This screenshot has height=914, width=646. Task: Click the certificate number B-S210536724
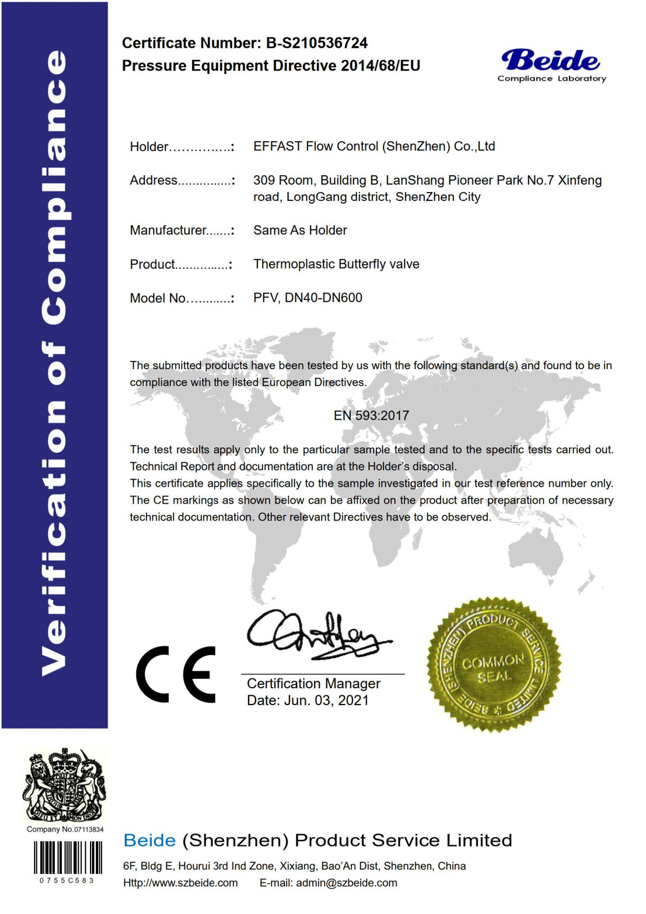click(x=317, y=43)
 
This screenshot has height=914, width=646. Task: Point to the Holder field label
click(x=149, y=147)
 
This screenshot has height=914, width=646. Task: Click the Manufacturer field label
click(x=168, y=230)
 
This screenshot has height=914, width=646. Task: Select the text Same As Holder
click(x=300, y=230)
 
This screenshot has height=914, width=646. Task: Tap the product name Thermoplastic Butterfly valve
click(x=336, y=264)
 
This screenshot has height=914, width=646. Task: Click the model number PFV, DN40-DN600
click(x=308, y=297)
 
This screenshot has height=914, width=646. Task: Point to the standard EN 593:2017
click(x=371, y=415)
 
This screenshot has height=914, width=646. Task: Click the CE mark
click(x=176, y=674)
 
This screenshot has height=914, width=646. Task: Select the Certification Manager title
click(x=314, y=683)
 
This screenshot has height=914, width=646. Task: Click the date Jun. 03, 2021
click(x=326, y=700)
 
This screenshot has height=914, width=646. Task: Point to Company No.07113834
click(x=65, y=829)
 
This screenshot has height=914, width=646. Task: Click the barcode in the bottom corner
click(x=67, y=858)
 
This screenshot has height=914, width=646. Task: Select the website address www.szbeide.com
click(x=181, y=883)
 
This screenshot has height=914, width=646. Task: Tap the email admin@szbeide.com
click(x=346, y=883)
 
